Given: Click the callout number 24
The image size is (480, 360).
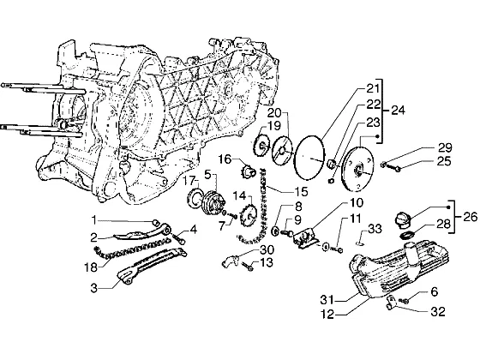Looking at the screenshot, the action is pos(398,111).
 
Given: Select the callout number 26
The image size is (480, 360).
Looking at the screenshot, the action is pos(470,217).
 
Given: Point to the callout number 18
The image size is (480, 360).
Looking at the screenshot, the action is pos(91,267).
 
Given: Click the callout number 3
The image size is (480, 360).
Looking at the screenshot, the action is pos(94,288).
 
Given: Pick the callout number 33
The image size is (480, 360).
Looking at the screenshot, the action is pos(375,229).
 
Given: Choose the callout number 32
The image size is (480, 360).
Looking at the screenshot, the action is pos(438,312).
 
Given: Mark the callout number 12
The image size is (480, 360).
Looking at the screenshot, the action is pos(327,314).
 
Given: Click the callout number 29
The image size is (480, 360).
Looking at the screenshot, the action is pos(445,147).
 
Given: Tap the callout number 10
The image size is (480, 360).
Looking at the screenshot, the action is pos(356,202).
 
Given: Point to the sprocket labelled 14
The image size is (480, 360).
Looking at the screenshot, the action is pos(249,217).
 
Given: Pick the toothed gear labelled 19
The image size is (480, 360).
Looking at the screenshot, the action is pos(261,147).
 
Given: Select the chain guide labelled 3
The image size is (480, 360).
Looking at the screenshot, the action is pos(153,264).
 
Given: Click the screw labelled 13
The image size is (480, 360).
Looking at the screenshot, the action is pos(248,267).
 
